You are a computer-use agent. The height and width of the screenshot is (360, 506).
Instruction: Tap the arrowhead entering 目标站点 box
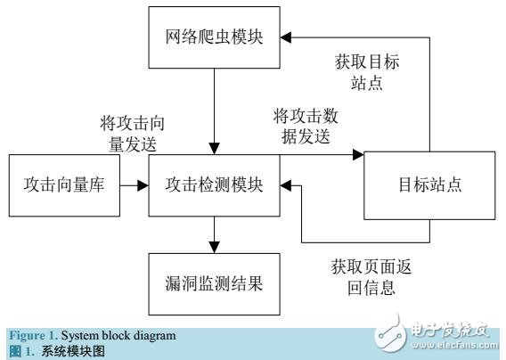pos(360,153)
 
